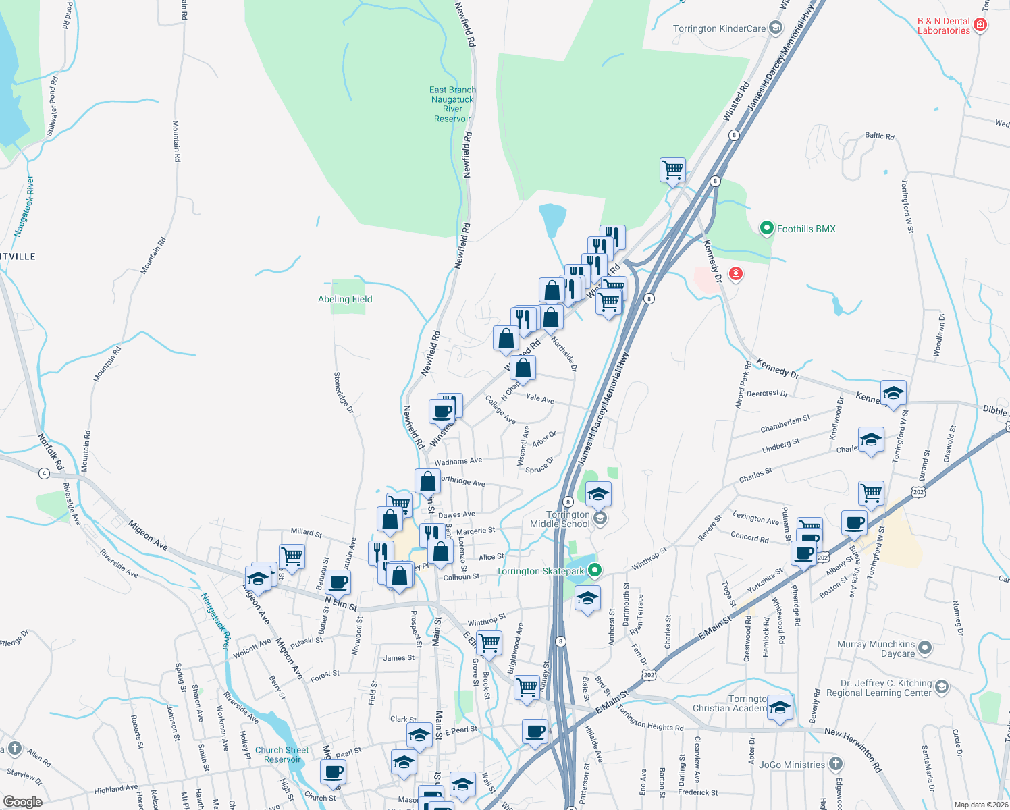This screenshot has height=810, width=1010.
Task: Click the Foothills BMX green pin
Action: (766, 229)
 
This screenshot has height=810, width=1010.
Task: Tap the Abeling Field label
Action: (345, 299)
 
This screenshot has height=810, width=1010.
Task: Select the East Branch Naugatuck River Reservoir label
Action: (452, 105)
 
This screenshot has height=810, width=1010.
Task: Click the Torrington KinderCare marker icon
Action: (776, 28)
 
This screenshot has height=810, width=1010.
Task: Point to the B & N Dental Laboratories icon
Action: (980, 26)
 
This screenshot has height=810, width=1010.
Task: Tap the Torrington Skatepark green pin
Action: (595, 571)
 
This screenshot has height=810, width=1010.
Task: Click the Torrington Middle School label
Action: (560, 519)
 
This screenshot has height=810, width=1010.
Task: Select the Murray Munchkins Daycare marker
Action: (925, 649)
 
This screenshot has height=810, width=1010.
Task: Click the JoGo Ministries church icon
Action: (836, 765)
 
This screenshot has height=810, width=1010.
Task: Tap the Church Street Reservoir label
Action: (282, 755)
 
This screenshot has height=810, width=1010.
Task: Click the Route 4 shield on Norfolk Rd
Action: (45, 473)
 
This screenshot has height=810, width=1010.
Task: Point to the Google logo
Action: (22, 801)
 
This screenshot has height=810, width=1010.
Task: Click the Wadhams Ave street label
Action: (458, 462)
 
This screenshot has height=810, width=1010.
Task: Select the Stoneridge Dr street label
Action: (344, 393)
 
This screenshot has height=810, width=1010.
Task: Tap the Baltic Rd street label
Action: (880, 136)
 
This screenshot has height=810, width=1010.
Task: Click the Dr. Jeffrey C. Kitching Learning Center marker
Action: (942, 688)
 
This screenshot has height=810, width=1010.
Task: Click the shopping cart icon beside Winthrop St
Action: (489, 643)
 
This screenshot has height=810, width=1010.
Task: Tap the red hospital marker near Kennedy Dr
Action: (735, 274)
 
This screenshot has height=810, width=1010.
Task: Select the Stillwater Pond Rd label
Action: (53, 107)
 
